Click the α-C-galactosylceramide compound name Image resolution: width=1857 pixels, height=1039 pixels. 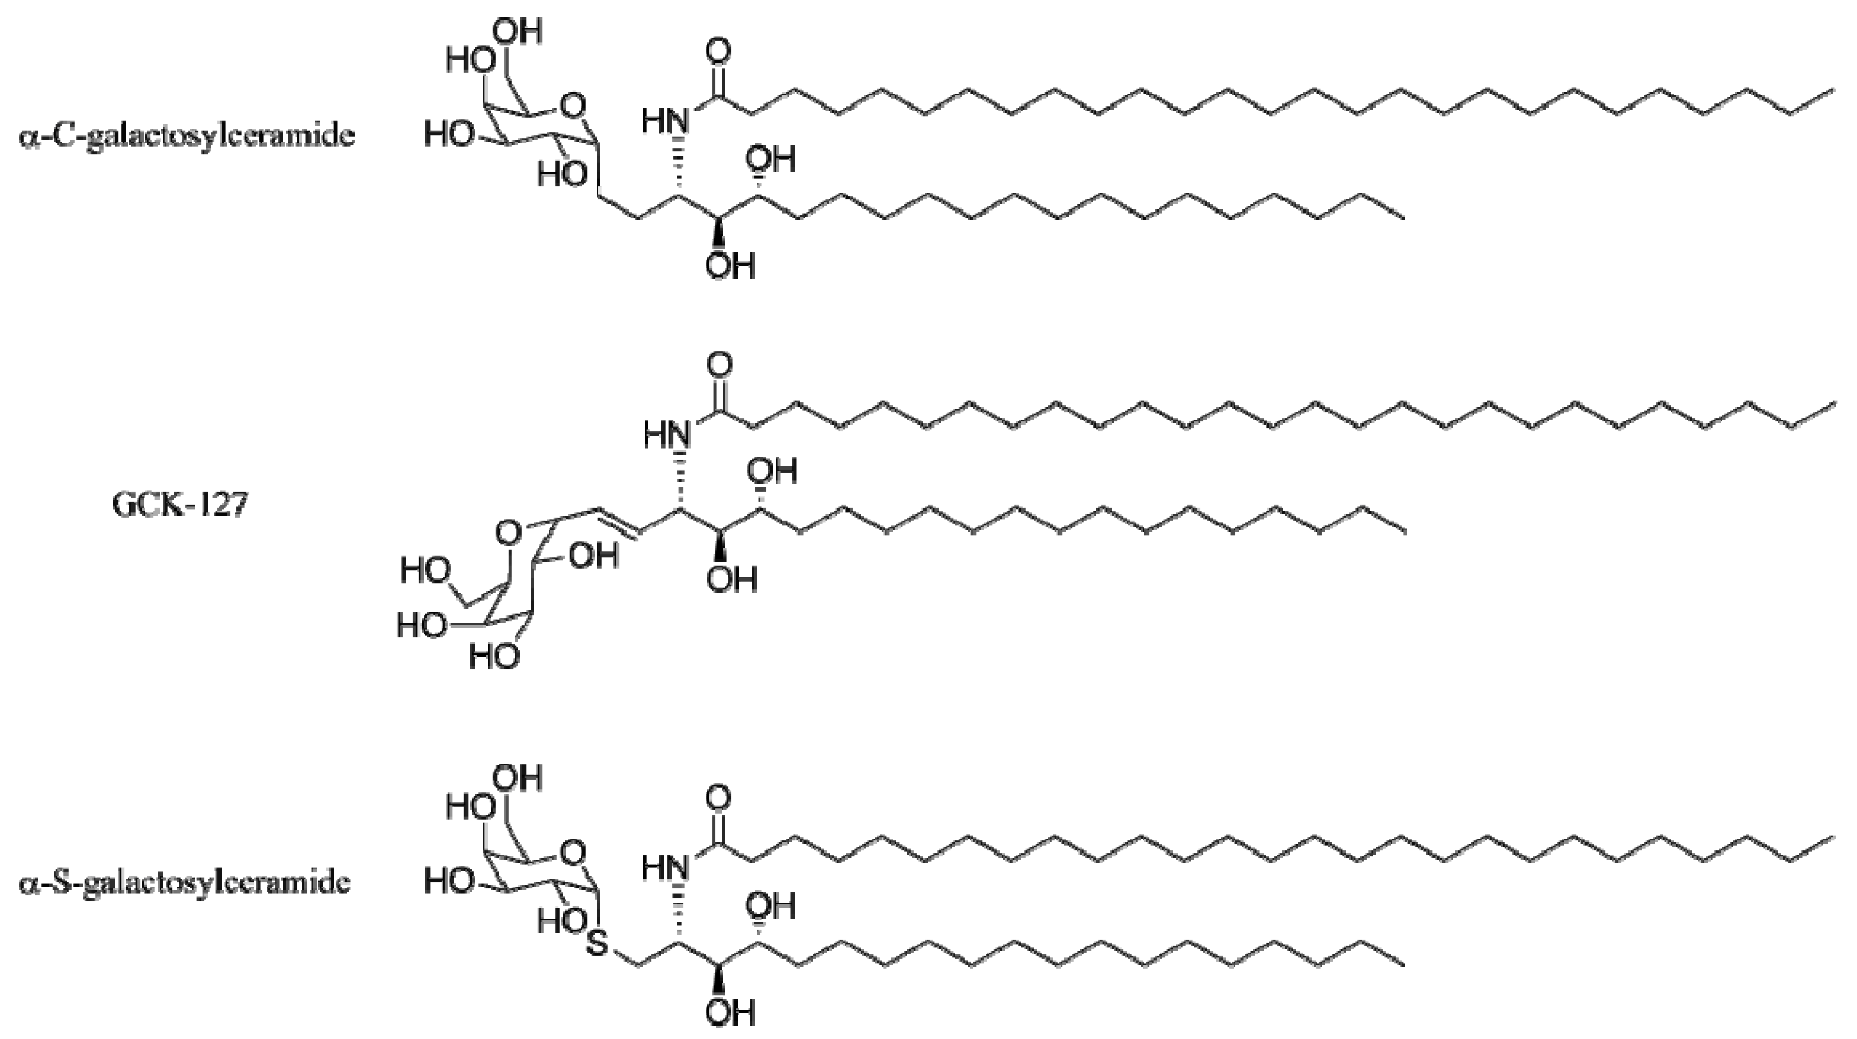[186, 135]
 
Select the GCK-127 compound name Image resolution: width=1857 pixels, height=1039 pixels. [179, 503]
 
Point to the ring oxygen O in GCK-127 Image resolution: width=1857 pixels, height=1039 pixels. [509, 534]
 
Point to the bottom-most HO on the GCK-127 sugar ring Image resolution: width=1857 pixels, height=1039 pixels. [495, 657]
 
